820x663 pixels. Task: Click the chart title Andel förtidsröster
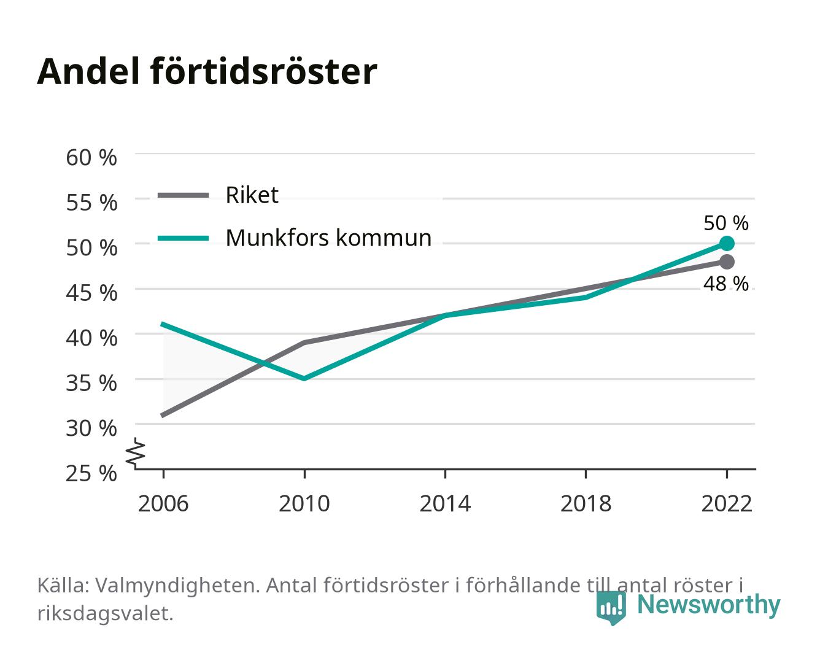207,72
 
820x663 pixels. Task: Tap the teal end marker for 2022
727,243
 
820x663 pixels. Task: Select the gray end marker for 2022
727,262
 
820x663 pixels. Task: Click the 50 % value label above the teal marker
725,223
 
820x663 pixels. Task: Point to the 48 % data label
725,284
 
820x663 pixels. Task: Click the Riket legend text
252,195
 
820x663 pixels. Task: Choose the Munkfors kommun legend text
328,238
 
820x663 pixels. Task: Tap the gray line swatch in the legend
184,195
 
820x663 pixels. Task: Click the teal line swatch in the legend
184,238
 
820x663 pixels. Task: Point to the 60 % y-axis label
91,158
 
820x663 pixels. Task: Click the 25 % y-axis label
91,473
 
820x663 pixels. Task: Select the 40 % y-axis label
91,338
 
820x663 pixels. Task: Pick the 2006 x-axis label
163,503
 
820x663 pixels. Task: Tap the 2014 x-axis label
445,503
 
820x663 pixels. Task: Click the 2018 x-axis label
586,503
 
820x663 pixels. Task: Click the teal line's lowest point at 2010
304,379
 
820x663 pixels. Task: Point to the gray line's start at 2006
163,416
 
